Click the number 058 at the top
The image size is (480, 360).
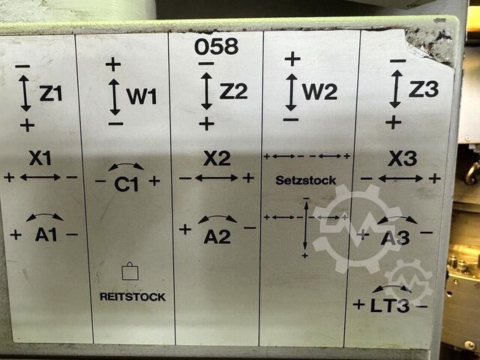(x=216, y=46)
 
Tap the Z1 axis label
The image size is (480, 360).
(x=51, y=93)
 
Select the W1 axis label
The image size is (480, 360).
(x=142, y=97)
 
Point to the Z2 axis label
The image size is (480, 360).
(x=233, y=91)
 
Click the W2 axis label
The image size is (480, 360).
(x=319, y=91)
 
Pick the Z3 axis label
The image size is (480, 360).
(x=423, y=88)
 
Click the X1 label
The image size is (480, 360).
(x=40, y=158)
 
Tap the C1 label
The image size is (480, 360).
(x=127, y=184)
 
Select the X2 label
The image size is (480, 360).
(x=217, y=158)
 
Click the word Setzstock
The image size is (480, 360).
(x=306, y=180)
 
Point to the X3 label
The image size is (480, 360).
(x=402, y=158)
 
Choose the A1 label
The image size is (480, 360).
(x=46, y=235)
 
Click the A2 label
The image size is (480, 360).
(x=217, y=237)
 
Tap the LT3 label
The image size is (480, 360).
(x=389, y=305)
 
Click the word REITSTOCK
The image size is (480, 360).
(x=133, y=297)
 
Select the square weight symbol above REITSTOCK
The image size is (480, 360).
(x=130, y=271)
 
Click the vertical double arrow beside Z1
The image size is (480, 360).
(x=25, y=93)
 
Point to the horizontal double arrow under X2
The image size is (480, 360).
(x=217, y=178)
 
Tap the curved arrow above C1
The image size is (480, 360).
(x=126, y=165)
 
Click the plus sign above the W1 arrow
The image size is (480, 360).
(x=113, y=64)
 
